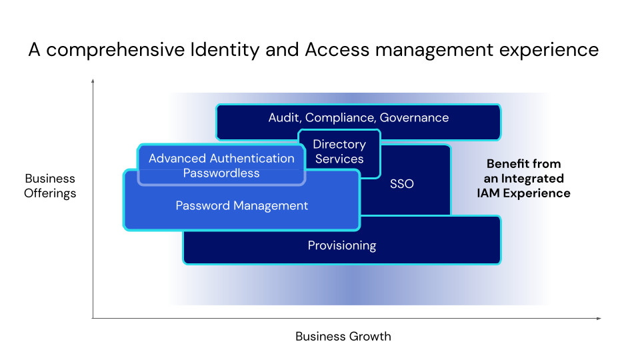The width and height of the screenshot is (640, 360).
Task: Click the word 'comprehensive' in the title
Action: [x=115, y=51]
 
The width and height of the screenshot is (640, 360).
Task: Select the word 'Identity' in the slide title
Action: [x=225, y=51]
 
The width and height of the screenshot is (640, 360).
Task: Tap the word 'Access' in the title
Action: [x=337, y=50]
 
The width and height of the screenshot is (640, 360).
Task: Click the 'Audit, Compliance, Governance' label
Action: [x=359, y=117]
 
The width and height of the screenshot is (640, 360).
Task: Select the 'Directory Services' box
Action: [x=339, y=154]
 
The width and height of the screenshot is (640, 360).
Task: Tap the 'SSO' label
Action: [x=401, y=184]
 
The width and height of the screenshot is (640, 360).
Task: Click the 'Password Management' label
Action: [x=241, y=205]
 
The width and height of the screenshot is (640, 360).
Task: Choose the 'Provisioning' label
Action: [x=342, y=245]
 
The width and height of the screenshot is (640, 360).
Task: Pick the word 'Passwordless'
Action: [x=221, y=173]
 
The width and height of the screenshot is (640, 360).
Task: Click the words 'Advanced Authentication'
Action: [x=221, y=159]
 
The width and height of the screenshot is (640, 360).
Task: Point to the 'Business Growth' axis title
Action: [x=343, y=336]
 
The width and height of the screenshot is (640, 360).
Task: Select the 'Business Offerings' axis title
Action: [x=50, y=186]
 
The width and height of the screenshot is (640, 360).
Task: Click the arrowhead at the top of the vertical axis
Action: [x=93, y=81]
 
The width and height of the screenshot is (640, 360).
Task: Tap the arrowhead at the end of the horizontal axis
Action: [x=599, y=319]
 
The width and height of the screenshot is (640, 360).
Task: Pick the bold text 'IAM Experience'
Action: [x=524, y=193]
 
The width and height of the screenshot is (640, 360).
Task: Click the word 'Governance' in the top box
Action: [x=414, y=117]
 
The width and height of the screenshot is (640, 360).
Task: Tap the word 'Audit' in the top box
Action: [x=285, y=117]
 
